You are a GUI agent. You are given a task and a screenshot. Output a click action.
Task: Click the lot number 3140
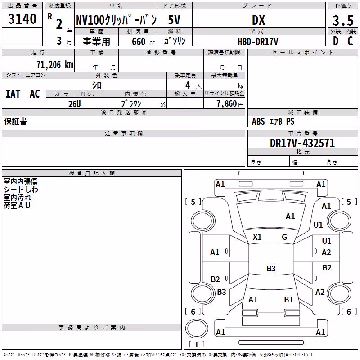(x=22, y=19)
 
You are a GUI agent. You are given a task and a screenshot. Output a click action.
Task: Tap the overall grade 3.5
(x=343, y=20)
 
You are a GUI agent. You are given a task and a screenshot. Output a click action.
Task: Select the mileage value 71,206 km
(x=55, y=64)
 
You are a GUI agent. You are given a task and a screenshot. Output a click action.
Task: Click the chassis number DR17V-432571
(x=302, y=143)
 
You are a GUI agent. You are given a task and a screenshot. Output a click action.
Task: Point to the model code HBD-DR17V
(x=258, y=41)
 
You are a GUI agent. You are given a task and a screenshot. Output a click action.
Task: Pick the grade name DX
(x=258, y=20)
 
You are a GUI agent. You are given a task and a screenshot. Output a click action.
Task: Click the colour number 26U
(x=75, y=104)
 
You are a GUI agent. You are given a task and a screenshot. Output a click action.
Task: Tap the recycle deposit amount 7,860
(x=226, y=103)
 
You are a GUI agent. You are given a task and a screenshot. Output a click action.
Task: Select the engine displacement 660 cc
(x=143, y=41)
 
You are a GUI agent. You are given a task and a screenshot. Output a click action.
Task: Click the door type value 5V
(x=174, y=20)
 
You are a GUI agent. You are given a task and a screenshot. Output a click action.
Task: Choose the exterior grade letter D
(x=336, y=41)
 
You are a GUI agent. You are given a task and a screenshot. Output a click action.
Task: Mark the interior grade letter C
(x=350, y=41)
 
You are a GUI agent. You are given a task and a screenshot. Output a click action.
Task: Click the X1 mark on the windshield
(x=257, y=237)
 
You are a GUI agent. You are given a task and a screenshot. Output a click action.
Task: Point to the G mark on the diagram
(x=284, y=237)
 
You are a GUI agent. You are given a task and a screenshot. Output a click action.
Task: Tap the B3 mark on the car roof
(x=271, y=268)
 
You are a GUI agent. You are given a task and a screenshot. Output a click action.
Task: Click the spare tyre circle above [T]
(x=197, y=328)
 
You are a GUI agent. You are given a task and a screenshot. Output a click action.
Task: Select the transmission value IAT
(x=13, y=94)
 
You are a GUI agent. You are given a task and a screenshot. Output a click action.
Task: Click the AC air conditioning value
(x=35, y=94)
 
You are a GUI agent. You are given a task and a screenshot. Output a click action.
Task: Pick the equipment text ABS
(x=258, y=121)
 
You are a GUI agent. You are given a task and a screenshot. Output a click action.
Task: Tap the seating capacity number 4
(x=188, y=85)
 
